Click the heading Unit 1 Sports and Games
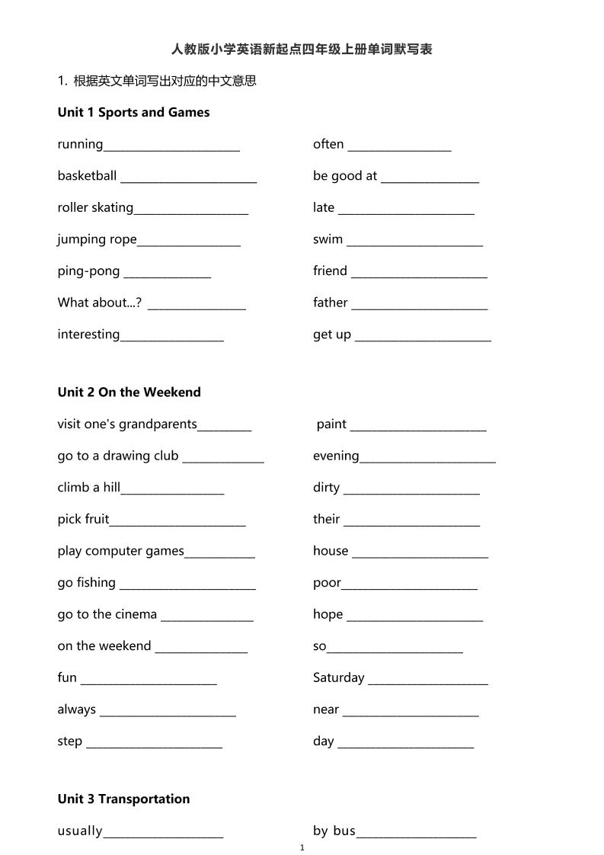133,113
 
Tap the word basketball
87,176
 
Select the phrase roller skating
95,208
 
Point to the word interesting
88,335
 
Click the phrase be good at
344,176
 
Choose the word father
330,303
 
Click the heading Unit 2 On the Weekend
129,392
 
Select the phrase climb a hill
88,488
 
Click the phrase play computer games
120,551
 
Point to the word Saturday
338,677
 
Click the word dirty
326,488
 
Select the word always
76,709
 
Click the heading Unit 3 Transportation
123,799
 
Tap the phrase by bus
334,831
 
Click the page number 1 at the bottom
302,847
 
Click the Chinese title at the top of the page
302,50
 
